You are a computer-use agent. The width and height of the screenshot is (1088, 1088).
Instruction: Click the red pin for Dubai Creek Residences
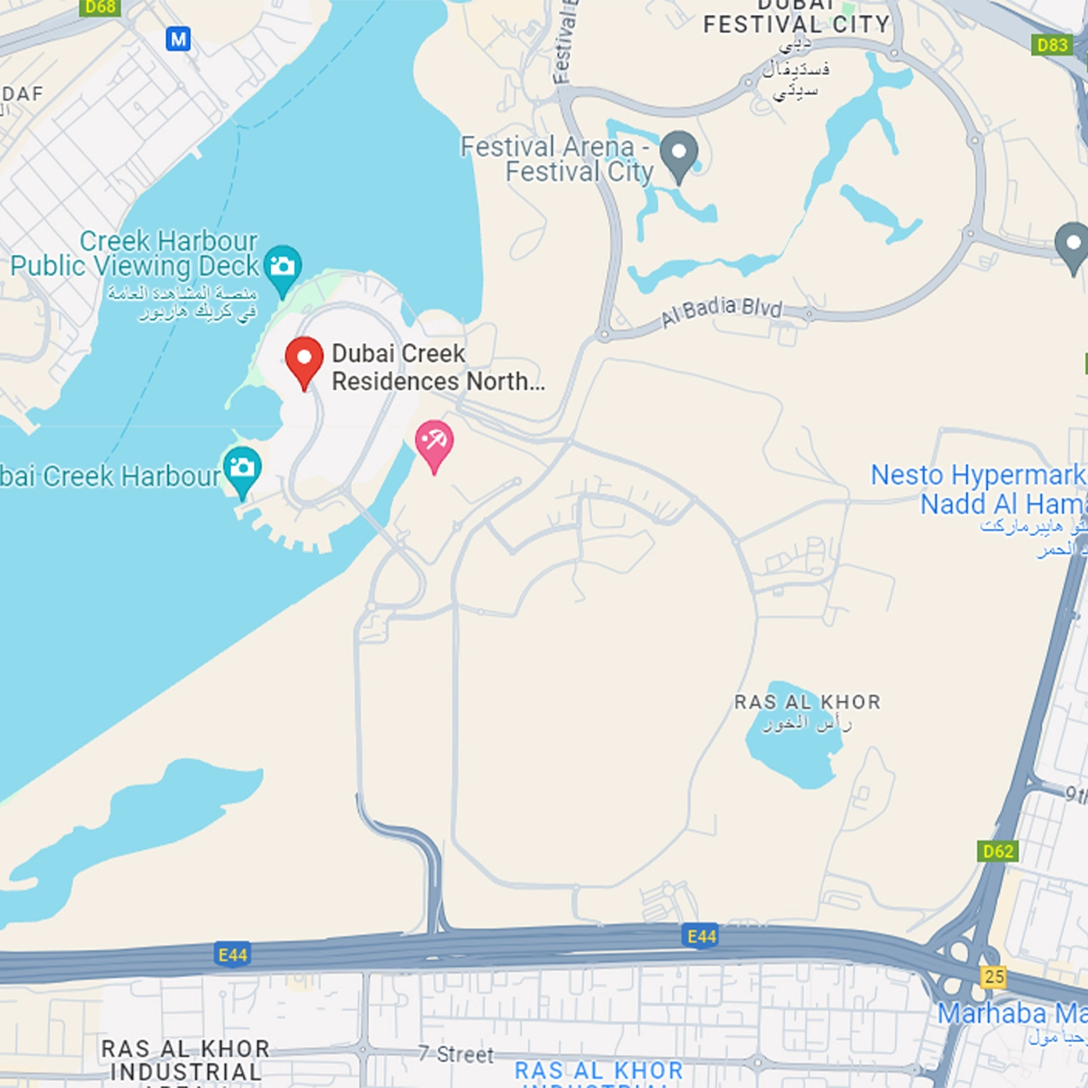(304, 360)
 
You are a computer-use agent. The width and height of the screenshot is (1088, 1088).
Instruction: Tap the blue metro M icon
(178, 38)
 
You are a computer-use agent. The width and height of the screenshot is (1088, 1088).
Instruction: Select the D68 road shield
(100, 7)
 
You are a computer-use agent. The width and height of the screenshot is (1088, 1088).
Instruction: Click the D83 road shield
(1051, 45)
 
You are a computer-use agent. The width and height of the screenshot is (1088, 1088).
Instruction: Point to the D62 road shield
(998, 851)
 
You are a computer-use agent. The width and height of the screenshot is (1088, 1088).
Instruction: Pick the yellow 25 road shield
(994, 976)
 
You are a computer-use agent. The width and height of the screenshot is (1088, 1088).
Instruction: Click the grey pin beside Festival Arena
(678, 153)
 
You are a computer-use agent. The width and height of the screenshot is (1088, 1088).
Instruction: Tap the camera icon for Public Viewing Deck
(282, 267)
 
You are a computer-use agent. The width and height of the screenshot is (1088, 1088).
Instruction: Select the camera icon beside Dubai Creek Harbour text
(242, 468)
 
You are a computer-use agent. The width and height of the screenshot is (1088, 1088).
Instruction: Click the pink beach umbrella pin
(434, 443)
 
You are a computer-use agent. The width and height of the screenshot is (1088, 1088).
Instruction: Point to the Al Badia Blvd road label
(721, 310)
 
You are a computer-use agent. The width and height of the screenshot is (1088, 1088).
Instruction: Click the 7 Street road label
(456, 1054)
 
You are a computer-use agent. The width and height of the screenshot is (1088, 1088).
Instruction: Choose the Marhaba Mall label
(1011, 1014)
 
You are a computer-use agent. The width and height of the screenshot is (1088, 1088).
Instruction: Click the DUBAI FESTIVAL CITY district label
(796, 23)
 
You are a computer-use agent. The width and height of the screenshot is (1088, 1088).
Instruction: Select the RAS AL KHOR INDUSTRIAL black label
(185, 1060)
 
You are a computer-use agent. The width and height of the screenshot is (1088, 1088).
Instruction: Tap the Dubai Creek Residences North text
(438, 367)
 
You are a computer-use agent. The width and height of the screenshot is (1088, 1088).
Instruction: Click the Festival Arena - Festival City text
(557, 159)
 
